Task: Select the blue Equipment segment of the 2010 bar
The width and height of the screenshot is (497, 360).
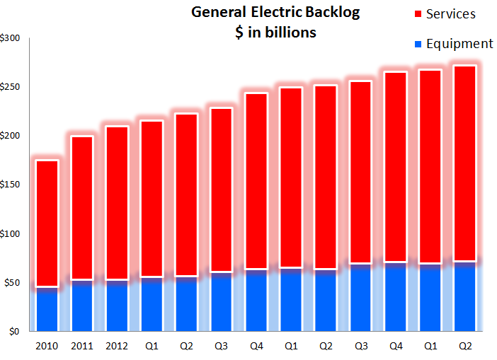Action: [x=47, y=309]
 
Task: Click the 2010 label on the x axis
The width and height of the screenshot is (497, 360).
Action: [x=47, y=347]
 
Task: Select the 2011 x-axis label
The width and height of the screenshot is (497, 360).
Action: [x=82, y=347]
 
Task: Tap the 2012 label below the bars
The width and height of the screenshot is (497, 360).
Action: [x=117, y=347]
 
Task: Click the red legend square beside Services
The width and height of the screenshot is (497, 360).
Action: [x=418, y=14]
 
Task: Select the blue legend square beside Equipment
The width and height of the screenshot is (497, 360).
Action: [x=418, y=44]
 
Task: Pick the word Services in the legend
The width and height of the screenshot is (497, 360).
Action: [x=450, y=14]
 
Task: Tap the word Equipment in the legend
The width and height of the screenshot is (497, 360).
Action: [x=458, y=44]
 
